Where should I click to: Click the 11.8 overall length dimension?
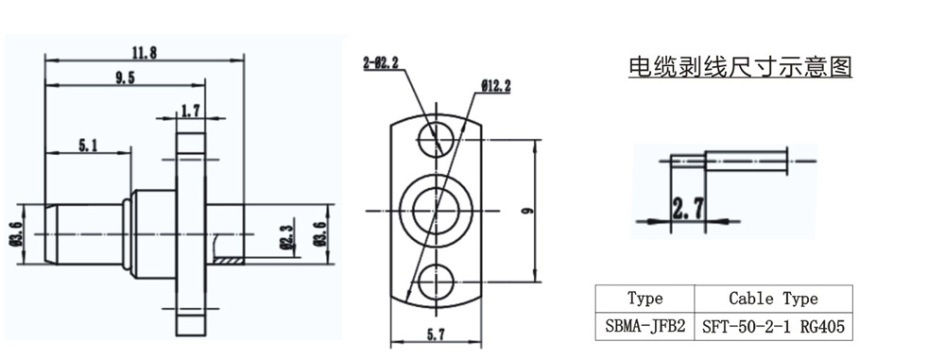[x=144, y=53]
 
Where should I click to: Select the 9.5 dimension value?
[x=124, y=77]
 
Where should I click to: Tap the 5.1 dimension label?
[x=88, y=146]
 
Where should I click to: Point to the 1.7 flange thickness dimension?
[x=190, y=111]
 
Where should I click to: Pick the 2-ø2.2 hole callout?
[x=381, y=61]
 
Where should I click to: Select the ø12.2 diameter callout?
[x=496, y=86]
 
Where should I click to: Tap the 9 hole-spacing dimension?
[x=528, y=211]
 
